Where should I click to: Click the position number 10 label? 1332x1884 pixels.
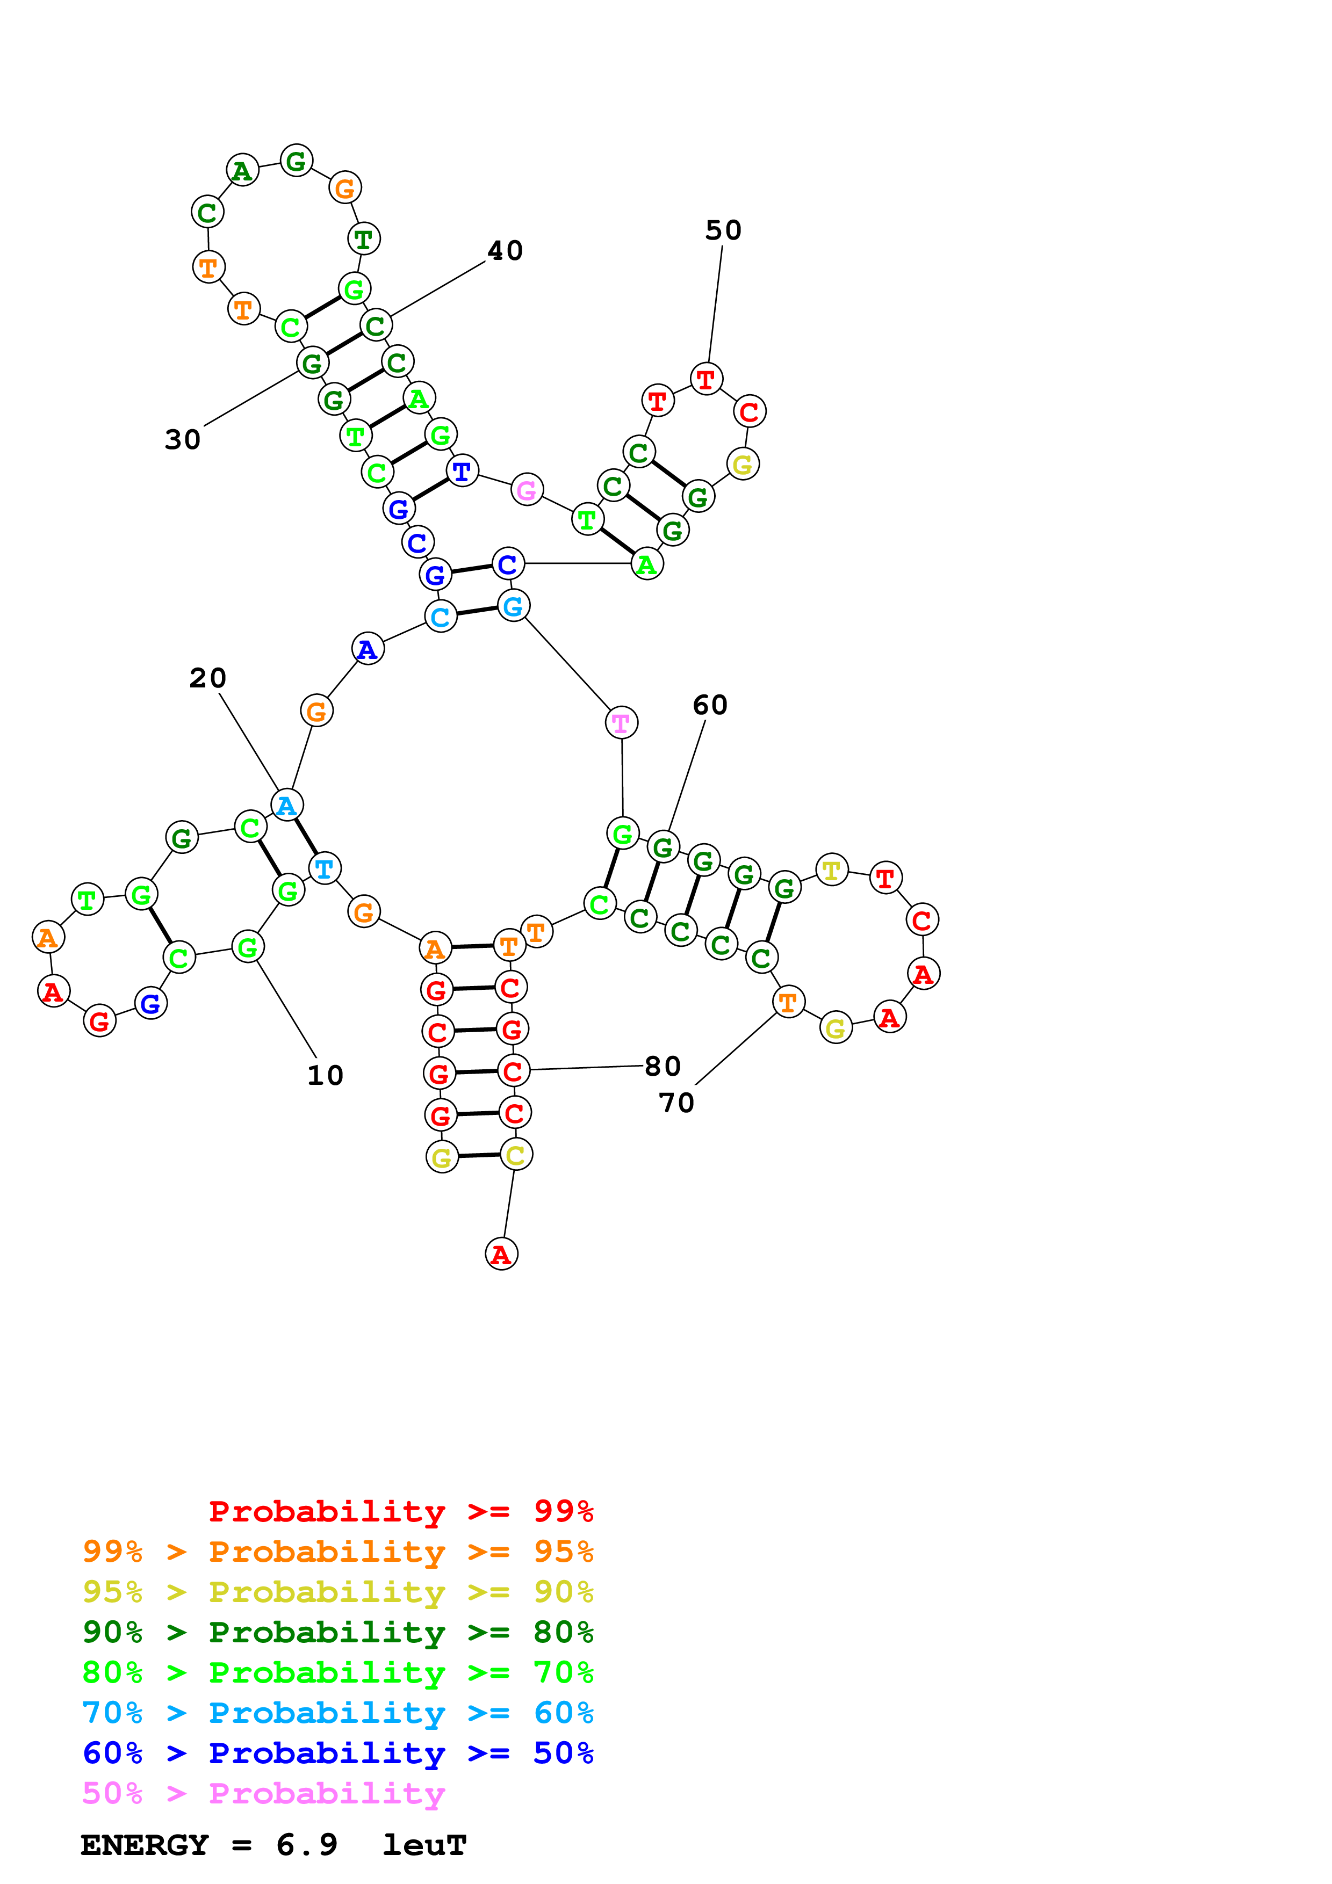coord(325,1076)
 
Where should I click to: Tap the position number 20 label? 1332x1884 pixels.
coord(207,678)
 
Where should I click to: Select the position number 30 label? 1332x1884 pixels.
coord(182,440)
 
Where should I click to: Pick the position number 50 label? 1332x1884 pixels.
coord(723,230)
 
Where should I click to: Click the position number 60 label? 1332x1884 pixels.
coord(710,705)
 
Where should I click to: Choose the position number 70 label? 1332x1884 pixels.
coord(676,1103)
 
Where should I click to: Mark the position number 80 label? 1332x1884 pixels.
coord(663,1066)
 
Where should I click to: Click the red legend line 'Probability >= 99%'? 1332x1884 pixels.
coord(401,1511)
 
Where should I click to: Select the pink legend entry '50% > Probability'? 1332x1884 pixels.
coord(263,1794)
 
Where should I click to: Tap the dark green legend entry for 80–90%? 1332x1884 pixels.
coord(338,1632)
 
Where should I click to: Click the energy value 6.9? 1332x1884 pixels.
coord(307,1845)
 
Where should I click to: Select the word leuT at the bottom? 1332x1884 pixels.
coord(424,1845)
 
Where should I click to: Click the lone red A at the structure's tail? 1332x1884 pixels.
coord(501,1254)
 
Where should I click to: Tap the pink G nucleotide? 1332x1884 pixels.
coord(527,490)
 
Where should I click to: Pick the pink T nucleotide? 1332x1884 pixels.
coord(621,723)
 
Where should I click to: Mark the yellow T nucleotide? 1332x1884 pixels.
coord(832,869)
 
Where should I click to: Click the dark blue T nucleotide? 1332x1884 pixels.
coord(462,471)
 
